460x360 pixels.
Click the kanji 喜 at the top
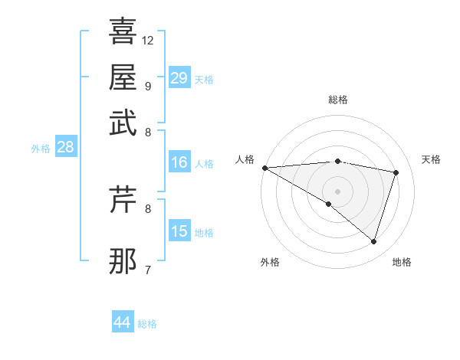click(x=123, y=31)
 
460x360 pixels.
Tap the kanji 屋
click(x=123, y=77)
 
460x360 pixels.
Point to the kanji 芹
click(x=123, y=200)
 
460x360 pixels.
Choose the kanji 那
click(x=123, y=261)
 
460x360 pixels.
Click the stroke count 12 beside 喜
click(x=148, y=40)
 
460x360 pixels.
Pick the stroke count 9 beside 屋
click(x=148, y=86)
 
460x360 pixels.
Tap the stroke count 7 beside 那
click(x=148, y=270)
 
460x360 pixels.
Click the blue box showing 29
click(x=179, y=78)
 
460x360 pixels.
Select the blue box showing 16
click(x=179, y=162)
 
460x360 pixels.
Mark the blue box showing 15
click(x=179, y=231)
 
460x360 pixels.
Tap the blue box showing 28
click(x=65, y=147)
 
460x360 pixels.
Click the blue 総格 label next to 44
click(x=147, y=324)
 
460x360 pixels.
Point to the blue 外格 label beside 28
click(x=41, y=149)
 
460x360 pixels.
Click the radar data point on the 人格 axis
click(x=264, y=168)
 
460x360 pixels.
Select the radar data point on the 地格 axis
click(x=373, y=241)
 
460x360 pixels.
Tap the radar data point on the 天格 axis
click(x=396, y=172)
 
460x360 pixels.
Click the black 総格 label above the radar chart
click(x=337, y=100)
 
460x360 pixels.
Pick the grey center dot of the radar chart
click(x=337, y=190)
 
